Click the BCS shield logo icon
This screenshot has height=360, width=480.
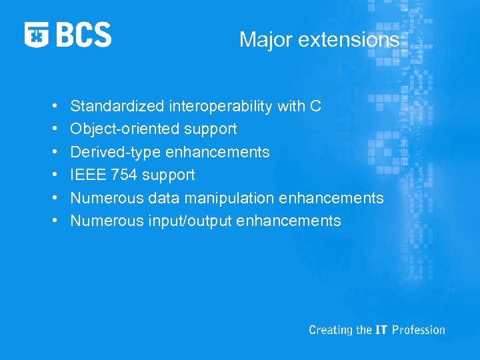pos(37,35)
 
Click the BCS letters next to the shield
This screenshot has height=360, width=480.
pos(84,35)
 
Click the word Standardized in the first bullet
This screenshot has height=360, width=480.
pos(118,106)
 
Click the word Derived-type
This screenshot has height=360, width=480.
pos(116,152)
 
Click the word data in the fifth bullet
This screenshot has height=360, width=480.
pos(162,198)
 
